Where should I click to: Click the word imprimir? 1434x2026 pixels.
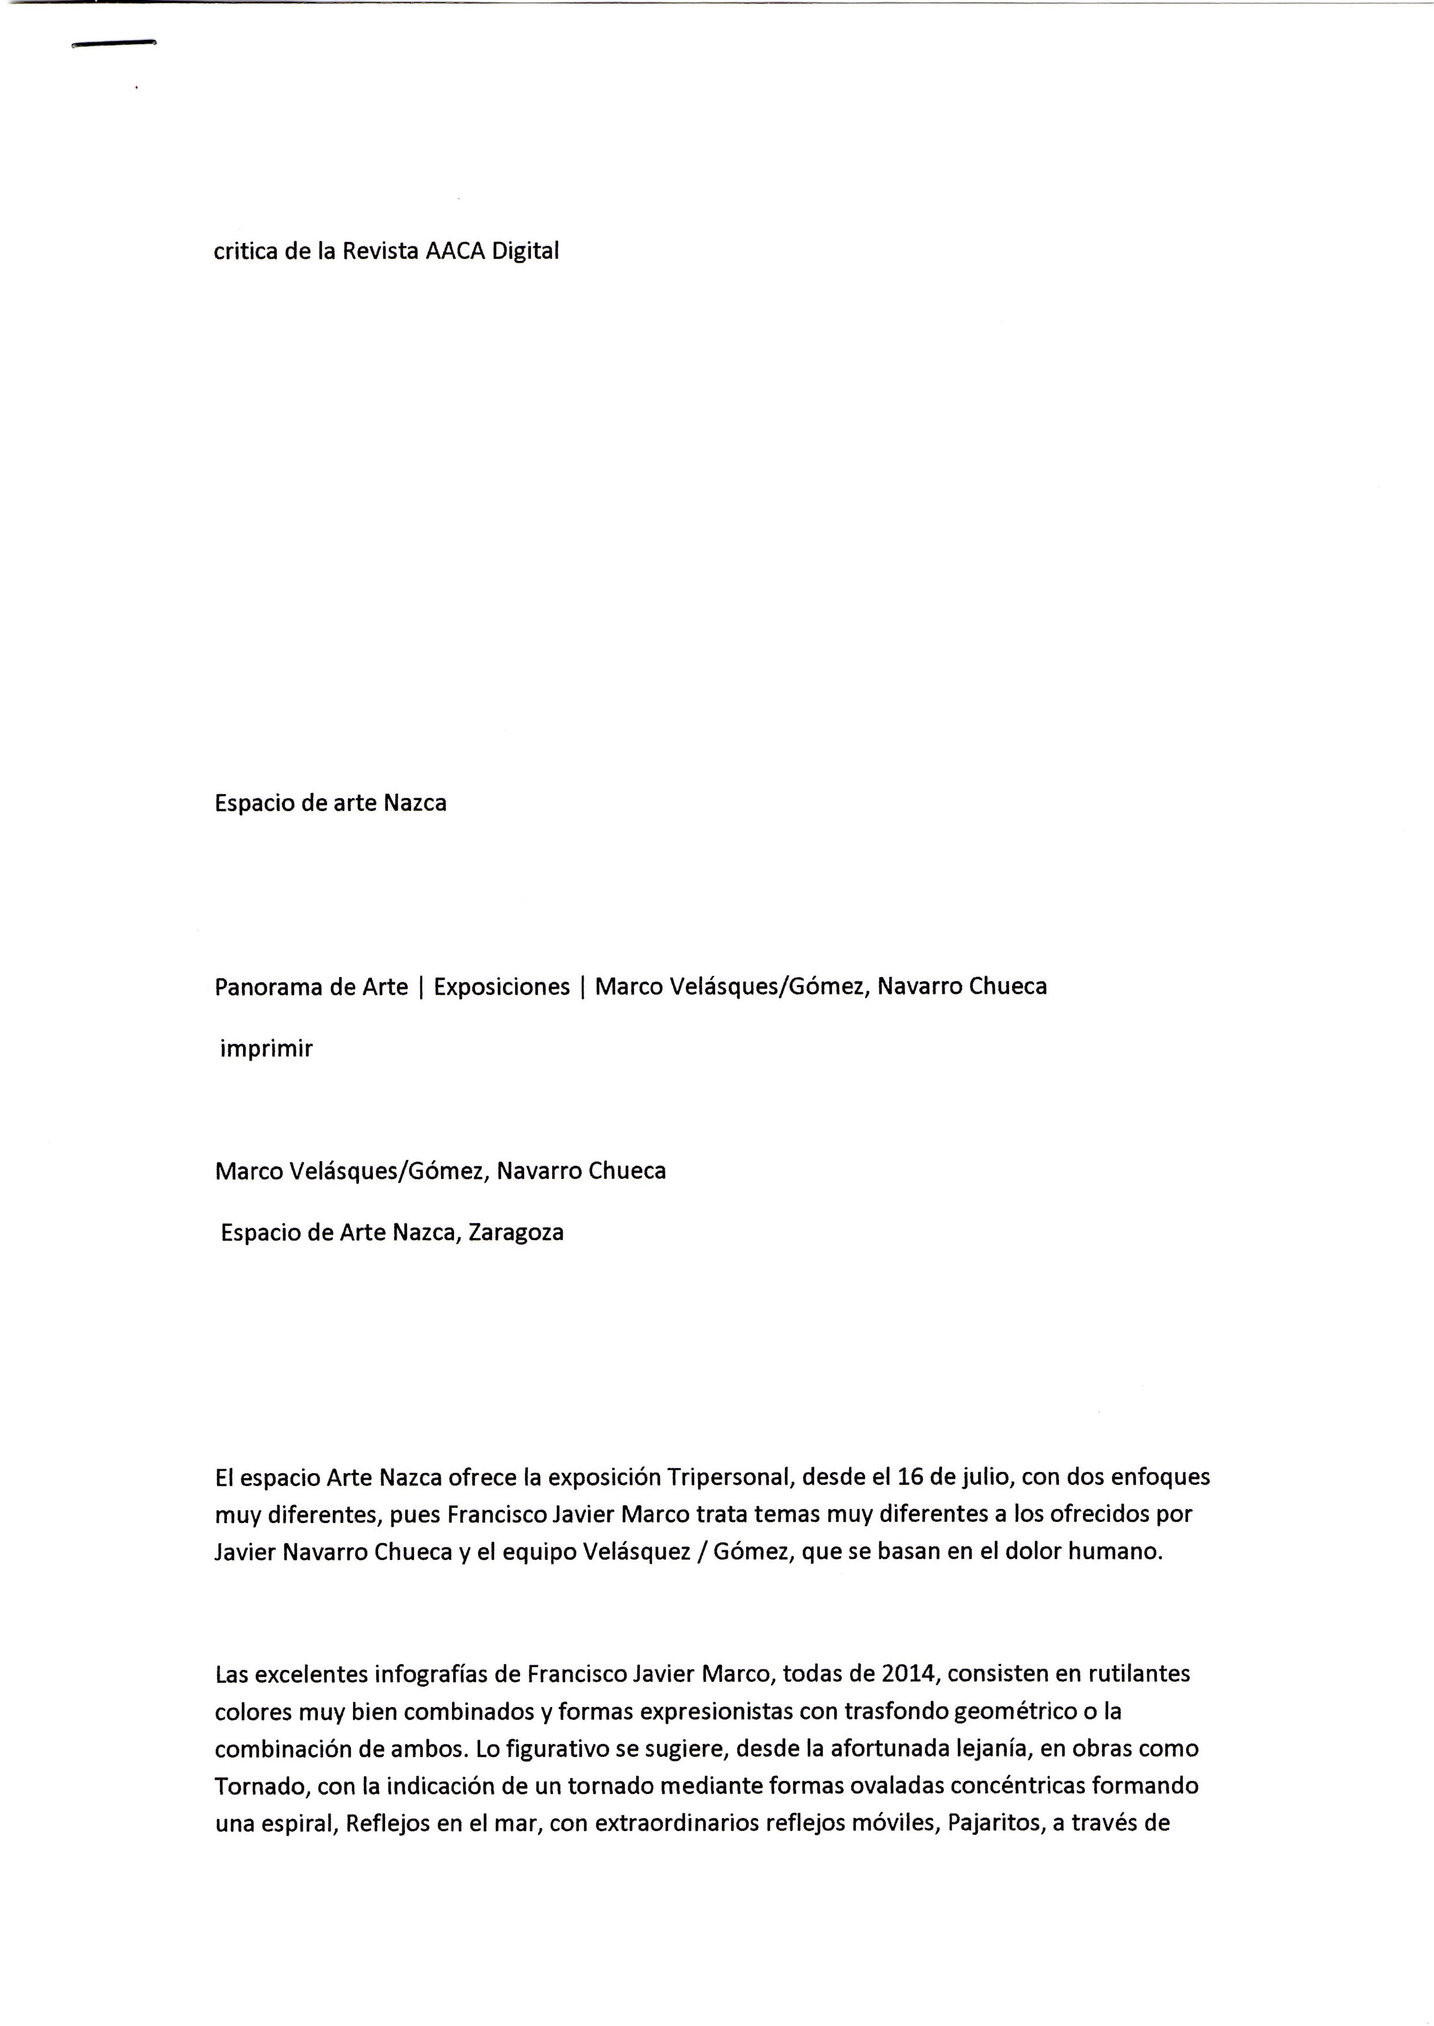pyautogui.click(x=267, y=1049)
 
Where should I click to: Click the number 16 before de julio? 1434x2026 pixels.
pyautogui.click(x=909, y=1477)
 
